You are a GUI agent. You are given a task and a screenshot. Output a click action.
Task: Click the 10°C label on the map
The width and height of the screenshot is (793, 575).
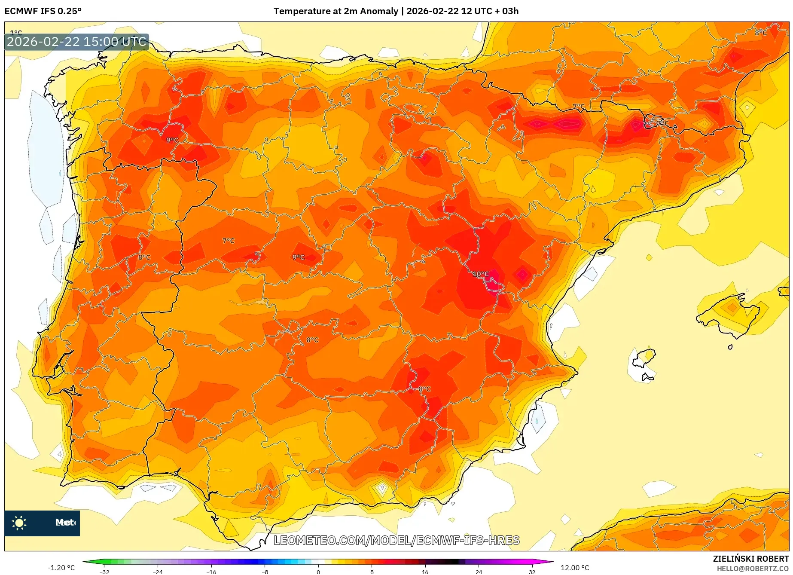coord(481,274)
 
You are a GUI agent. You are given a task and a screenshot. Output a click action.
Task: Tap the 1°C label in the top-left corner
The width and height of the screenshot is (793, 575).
coord(16,33)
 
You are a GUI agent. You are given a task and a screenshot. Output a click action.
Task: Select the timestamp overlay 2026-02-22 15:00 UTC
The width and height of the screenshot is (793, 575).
coord(76,42)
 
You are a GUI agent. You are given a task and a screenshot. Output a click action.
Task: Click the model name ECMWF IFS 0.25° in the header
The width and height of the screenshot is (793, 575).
coord(43,11)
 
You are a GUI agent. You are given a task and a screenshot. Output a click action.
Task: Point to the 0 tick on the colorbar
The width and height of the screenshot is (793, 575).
coord(318,572)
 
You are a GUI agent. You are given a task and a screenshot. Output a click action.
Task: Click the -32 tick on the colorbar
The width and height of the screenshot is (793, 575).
coord(104,572)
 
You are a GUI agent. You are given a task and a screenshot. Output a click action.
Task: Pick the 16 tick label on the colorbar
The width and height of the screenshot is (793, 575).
coord(425,572)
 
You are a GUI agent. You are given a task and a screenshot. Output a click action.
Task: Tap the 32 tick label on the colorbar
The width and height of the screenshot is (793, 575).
coord(532,572)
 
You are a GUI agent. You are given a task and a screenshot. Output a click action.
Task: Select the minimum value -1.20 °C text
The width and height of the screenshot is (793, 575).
coord(61,568)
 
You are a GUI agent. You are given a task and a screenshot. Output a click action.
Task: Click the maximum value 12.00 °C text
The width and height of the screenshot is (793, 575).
coord(575,568)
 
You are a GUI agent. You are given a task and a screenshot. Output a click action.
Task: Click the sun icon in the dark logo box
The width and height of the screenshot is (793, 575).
coord(19,523)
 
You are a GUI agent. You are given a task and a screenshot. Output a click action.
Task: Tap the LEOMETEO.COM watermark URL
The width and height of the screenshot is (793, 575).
coord(396,540)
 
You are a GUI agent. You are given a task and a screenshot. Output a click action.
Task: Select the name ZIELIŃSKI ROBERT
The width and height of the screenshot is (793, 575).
coord(751,559)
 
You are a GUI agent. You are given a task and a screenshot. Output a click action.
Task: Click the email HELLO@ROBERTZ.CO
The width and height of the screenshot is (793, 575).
coord(752,569)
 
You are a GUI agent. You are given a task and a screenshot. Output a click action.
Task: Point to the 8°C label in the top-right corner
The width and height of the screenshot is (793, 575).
coord(761,33)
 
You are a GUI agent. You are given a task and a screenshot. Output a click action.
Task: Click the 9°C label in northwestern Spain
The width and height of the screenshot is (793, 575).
coord(172,140)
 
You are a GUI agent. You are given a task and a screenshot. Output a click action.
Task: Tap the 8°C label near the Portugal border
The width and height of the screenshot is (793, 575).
coord(144,257)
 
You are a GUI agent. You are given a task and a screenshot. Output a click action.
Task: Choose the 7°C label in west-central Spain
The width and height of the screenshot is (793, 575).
coord(229,241)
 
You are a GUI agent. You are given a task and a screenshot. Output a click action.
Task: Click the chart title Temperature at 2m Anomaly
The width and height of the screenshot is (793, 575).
coord(335,11)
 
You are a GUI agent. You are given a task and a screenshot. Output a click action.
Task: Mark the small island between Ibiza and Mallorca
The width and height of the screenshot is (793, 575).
coord(730,347)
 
